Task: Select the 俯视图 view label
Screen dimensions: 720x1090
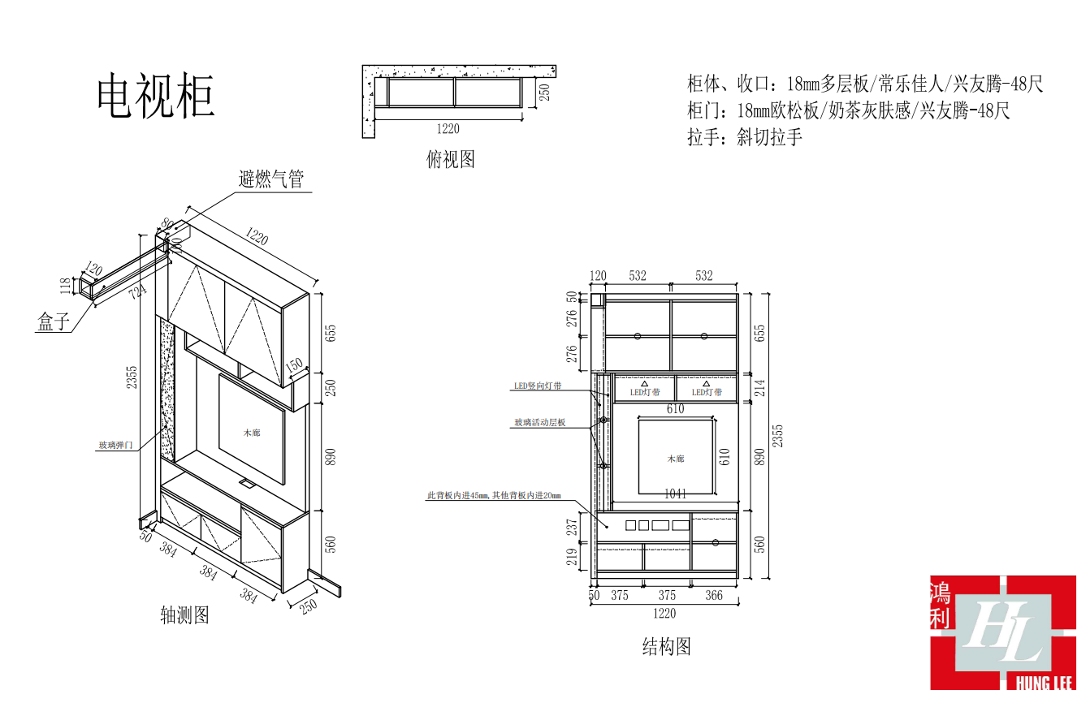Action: (x=451, y=159)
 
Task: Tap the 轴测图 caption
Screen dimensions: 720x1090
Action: (x=185, y=614)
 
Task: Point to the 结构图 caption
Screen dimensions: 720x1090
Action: (x=667, y=647)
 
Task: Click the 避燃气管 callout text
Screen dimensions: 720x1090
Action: (x=272, y=179)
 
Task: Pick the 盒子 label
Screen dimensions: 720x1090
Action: (x=54, y=322)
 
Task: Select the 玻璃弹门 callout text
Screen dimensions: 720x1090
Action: (x=115, y=445)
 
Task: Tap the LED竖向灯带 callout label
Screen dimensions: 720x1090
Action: (x=538, y=386)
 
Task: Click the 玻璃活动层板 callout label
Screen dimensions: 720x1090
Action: (x=540, y=423)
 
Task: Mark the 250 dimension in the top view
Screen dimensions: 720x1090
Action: (x=545, y=93)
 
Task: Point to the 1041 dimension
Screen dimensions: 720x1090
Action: (x=676, y=494)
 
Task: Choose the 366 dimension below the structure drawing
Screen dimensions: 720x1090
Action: (x=714, y=596)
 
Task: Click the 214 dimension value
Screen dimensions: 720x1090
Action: (x=760, y=388)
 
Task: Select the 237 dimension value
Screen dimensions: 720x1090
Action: (x=573, y=526)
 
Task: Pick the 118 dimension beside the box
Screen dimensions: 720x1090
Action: (x=66, y=286)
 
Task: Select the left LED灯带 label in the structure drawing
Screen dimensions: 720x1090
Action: (x=645, y=392)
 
